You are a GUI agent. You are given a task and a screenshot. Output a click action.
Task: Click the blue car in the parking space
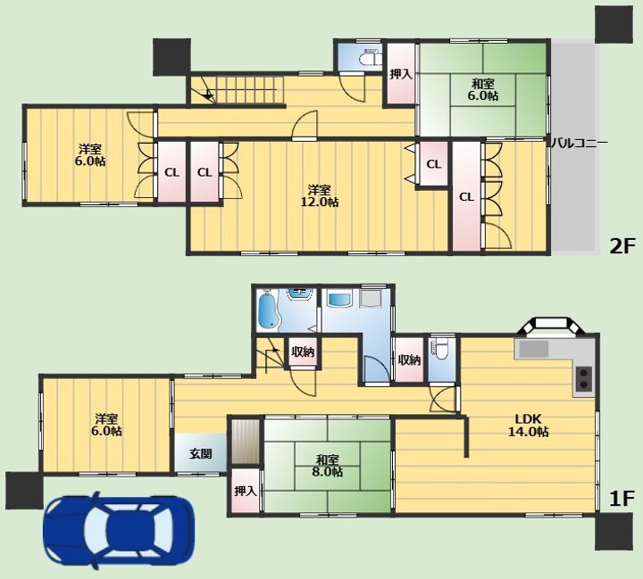pos(119,530)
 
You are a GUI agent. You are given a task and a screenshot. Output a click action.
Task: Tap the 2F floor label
pos(622,246)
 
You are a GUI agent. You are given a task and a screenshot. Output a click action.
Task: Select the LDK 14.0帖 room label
pos(529,426)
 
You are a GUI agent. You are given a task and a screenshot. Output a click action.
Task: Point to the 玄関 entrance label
pos(201,453)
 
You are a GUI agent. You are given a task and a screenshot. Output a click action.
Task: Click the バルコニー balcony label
pos(578,143)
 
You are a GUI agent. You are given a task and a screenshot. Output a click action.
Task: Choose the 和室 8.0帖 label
pos(327,466)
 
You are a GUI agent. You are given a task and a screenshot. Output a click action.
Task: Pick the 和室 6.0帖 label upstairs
pos(483,90)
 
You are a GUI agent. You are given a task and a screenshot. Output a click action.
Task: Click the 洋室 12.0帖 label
pos(320,196)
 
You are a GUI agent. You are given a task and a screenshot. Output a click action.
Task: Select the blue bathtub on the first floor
pos(269,310)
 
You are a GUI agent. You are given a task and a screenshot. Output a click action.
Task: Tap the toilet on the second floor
pos(370,58)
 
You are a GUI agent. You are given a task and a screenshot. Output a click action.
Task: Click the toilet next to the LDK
pos(441,349)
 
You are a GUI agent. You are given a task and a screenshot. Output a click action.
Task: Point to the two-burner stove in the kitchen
pos(584,378)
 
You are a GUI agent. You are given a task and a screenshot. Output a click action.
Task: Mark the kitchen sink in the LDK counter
pos(534,349)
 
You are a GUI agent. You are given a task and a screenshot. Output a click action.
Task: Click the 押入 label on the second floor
pos(401,74)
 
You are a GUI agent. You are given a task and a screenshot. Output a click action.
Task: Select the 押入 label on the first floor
pos(246,491)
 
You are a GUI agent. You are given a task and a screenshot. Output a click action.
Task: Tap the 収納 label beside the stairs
pos(303,352)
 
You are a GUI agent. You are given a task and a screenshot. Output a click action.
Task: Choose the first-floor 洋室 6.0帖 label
pos(106,425)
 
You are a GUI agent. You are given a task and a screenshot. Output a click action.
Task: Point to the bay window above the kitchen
pos(553,326)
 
